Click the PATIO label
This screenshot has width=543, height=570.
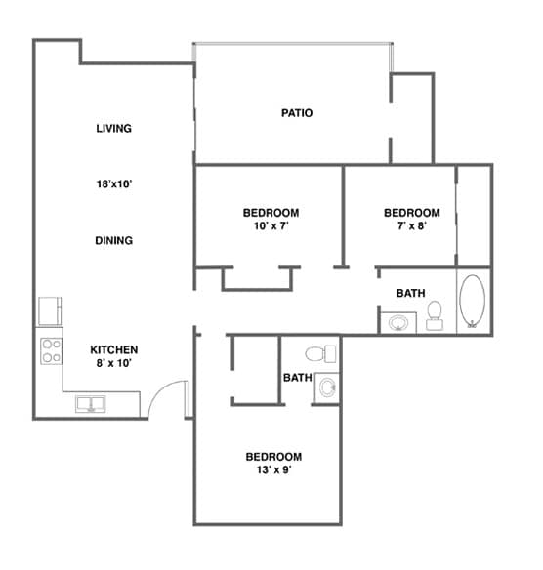(x=297, y=113)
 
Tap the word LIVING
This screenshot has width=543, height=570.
(x=114, y=128)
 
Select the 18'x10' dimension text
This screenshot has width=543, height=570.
(x=114, y=184)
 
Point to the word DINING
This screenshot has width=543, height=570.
(x=114, y=240)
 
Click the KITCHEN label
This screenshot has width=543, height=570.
(x=114, y=349)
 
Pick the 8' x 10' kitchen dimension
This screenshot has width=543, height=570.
(x=114, y=363)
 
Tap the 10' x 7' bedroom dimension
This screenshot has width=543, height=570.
(x=271, y=225)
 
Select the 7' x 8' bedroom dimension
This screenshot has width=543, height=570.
(x=411, y=225)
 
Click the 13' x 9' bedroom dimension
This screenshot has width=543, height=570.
(x=272, y=469)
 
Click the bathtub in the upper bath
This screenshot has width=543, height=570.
(x=473, y=302)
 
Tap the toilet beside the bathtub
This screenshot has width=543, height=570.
(x=435, y=311)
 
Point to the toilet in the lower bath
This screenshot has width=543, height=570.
(x=314, y=353)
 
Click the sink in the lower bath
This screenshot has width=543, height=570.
(x=325, y=387)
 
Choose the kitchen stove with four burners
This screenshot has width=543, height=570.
(x=49, y=349)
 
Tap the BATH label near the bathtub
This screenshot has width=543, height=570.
(x=410, y=293)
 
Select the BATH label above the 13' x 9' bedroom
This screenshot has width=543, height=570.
(x=297, y=378)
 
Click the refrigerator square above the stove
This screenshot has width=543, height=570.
(x=49, y=311)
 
